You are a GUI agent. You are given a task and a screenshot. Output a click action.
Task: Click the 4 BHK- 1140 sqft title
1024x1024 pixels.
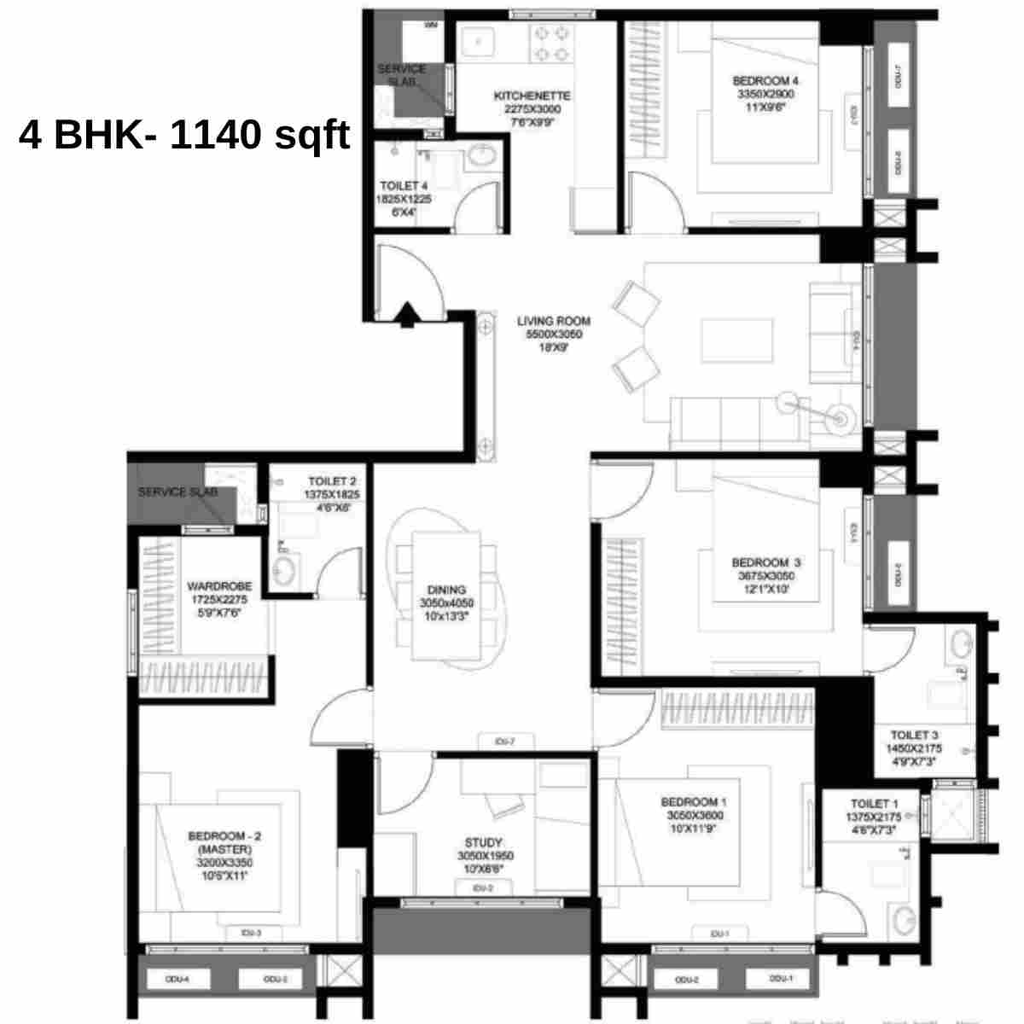click(x=184, y=137)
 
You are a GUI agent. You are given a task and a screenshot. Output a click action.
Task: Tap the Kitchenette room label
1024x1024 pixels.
click(x=532, y=108)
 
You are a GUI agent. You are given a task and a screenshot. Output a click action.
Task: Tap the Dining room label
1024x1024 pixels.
click(x=446, y=602)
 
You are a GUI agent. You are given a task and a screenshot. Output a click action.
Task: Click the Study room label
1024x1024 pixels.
click(x=484, y=855)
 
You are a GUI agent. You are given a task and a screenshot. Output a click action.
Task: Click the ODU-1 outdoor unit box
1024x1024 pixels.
click(x=778, y=980)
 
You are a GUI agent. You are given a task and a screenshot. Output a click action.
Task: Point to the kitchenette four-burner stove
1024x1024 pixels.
click(x=550, y=43)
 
